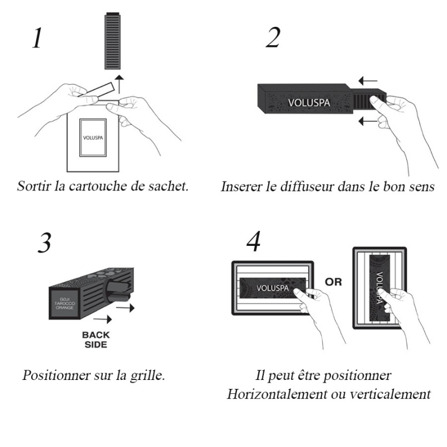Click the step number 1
pos(37,37)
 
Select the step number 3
pos(45,242)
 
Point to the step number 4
pos(254,241)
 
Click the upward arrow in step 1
pos(120,84)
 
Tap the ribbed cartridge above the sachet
pos(113,41)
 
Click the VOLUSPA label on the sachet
pos(93,137)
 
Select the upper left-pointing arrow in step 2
pos(368,80)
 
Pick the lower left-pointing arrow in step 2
pos(368,121)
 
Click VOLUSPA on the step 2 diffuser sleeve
pos(309,103)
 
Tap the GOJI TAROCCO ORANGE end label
pos(64,303)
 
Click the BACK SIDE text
pos(96,340)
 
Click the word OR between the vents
pos(333,282)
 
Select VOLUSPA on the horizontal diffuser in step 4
pos(273,288)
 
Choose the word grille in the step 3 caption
pos(148,375)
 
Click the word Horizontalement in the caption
pos(277,394)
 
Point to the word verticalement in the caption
pos(390,394)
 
